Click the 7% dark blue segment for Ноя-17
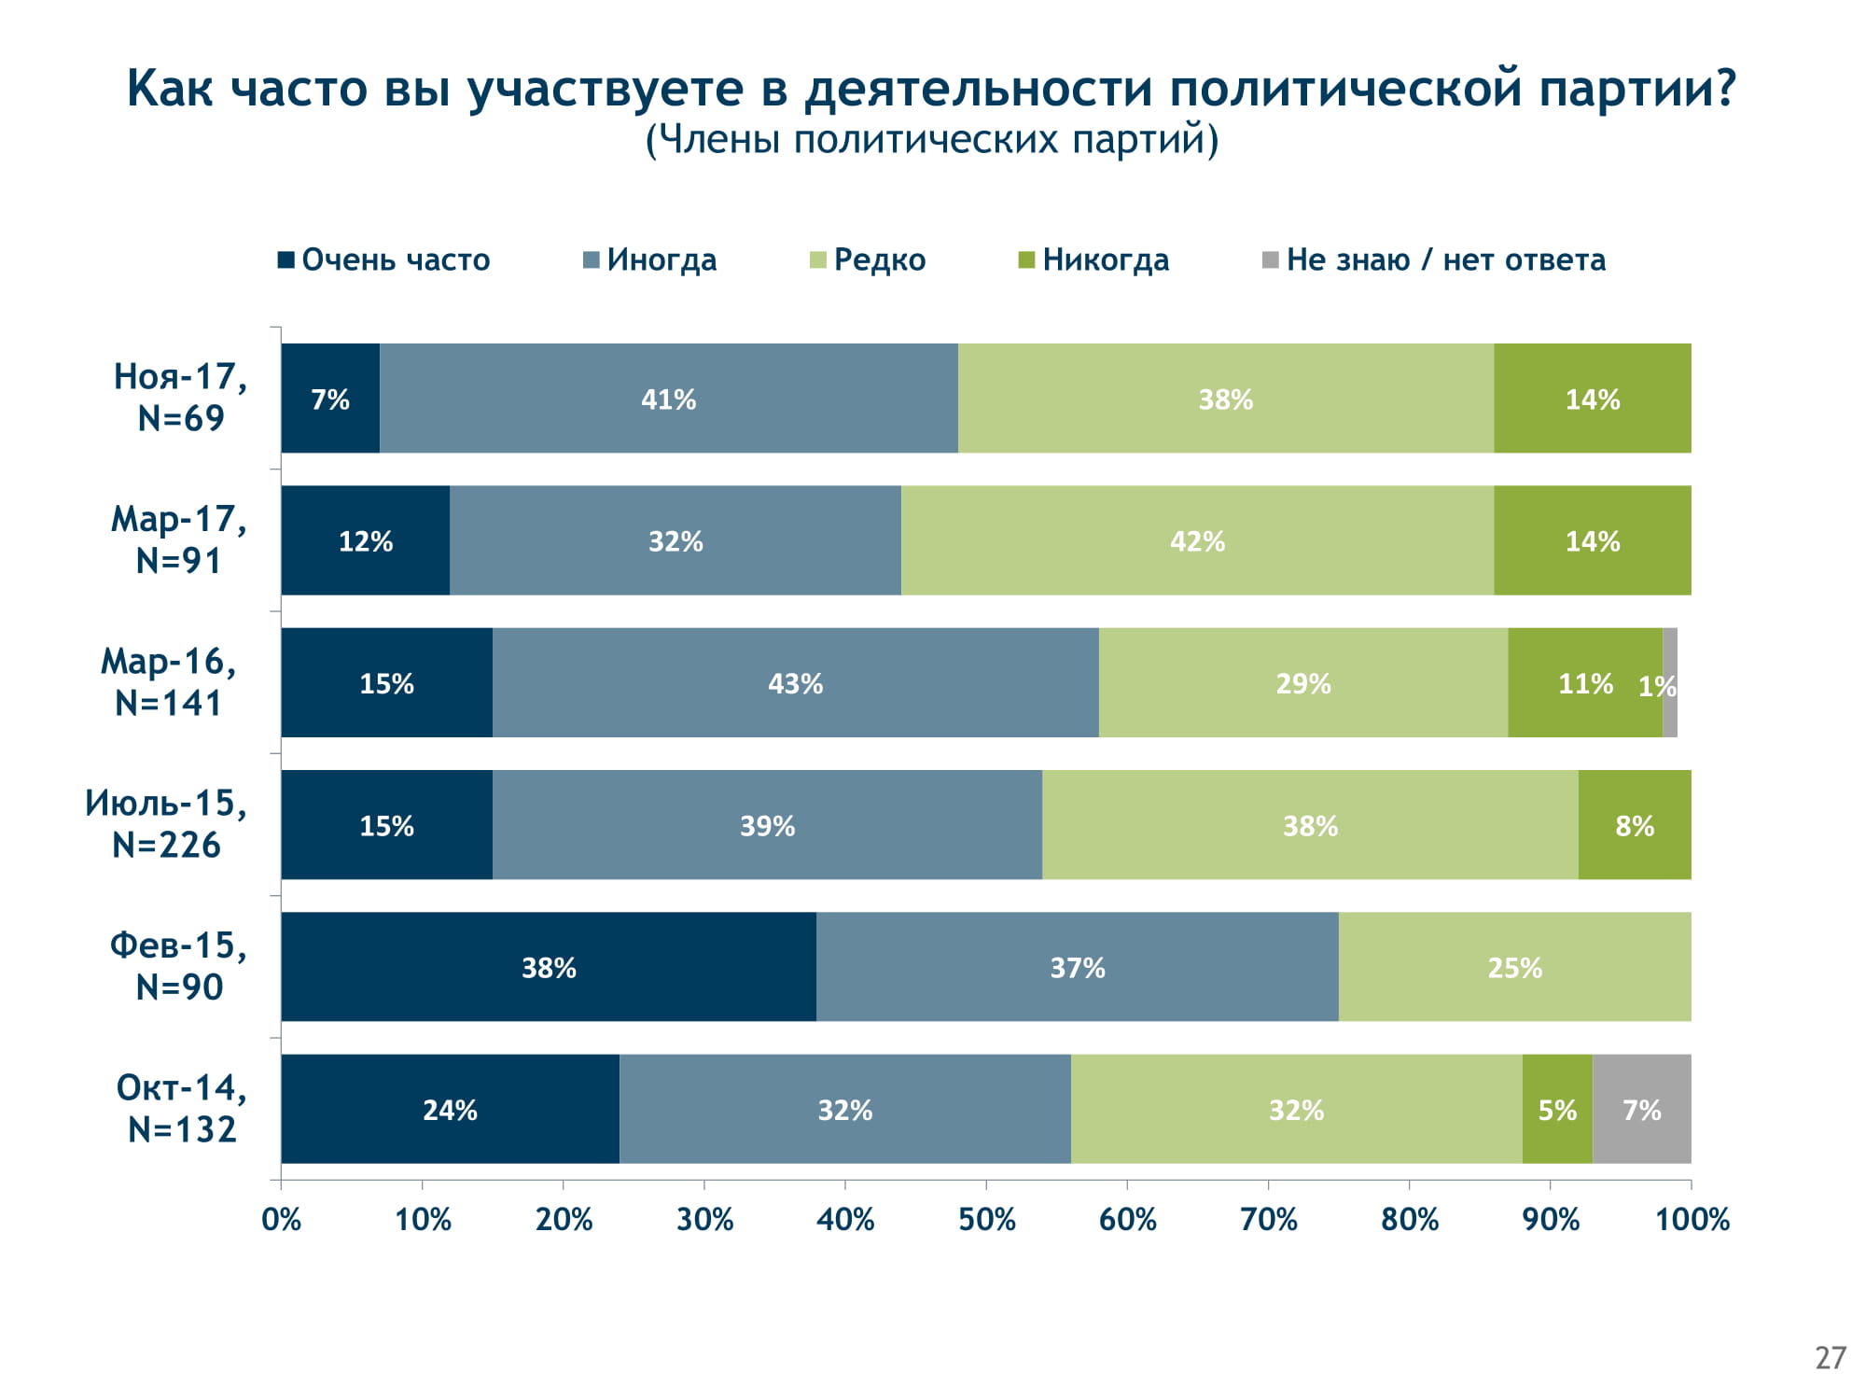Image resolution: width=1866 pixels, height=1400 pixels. click(330, 399)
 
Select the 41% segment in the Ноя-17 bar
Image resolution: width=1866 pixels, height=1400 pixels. click(668, 399)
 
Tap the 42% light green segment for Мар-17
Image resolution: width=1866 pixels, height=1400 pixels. click(1197, 540)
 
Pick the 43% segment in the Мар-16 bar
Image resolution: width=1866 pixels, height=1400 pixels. click(795, 682)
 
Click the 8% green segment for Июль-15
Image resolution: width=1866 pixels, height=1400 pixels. click(1635, 825)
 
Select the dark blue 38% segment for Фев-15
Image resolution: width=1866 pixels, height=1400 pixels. click(549, 967)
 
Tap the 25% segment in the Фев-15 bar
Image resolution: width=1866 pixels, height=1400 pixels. click(1514, 967)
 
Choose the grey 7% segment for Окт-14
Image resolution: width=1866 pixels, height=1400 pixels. click(1641, 1109)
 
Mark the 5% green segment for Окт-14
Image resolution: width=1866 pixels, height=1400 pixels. click(1557, 1109)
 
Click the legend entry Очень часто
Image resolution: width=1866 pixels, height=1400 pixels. click(384, 259)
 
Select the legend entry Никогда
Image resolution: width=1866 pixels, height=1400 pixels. click(1093, 259)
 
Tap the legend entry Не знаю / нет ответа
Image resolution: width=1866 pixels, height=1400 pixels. click(1434, 259)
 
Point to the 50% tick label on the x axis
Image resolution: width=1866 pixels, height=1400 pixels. click(986, 1220)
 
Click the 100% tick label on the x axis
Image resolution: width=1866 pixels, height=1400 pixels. click(1692, 1220)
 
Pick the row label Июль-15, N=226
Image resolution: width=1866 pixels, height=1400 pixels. click(166, 823)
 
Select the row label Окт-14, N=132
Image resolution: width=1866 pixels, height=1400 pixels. click(182, 1108)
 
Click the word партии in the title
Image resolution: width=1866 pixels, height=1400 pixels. click(1637, 90)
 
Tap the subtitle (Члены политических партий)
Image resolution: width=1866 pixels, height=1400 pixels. click(932, 140)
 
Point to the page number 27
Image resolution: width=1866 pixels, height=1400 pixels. click(1831, 1357)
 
